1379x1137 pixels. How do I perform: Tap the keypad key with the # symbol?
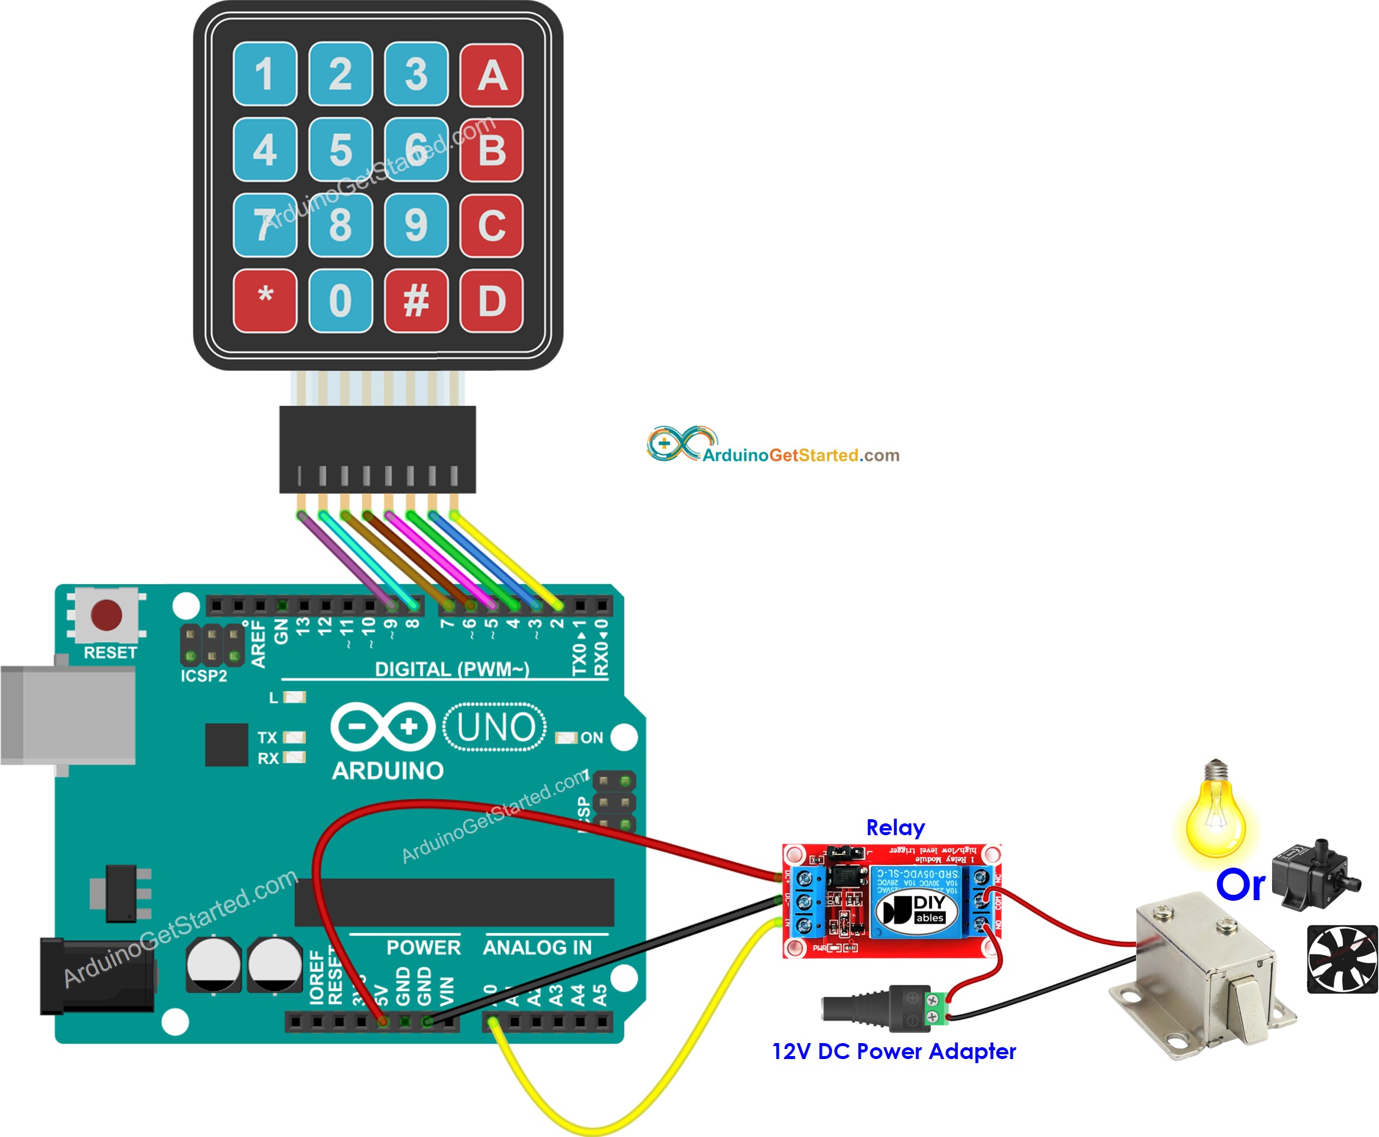[x=416, y=301]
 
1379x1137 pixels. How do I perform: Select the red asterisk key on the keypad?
[x=265, y=301]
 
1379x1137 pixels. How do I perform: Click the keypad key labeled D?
[x=492, y=301]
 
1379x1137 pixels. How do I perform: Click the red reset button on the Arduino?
[x=106, y=615]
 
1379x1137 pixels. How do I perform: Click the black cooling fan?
[x=1342, y=959]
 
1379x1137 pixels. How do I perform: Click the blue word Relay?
[x=895, y=827]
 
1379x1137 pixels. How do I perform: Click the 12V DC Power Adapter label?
[x=893, y=1051]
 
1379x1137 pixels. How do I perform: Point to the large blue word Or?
[x=1240, y=885]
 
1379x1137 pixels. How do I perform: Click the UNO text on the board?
[x=495, y=727]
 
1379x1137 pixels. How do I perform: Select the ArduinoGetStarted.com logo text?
[x=801, y=455]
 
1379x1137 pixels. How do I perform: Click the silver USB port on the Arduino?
[x=68, y=715]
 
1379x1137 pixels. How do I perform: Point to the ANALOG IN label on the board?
[x=537, y=947]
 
